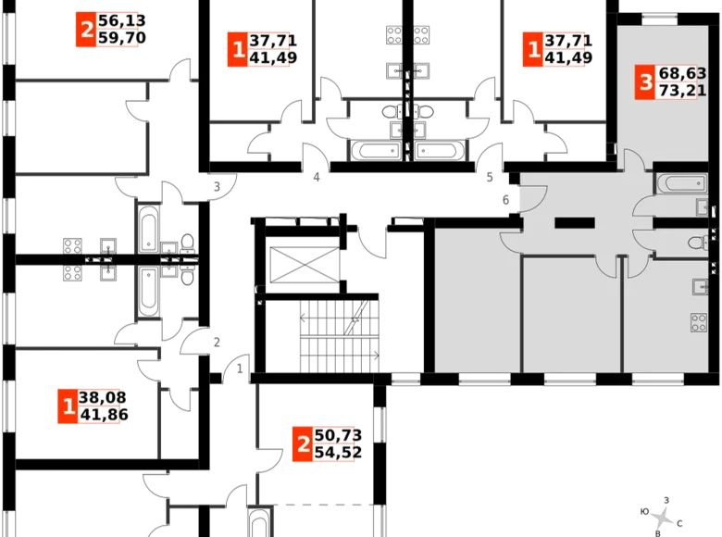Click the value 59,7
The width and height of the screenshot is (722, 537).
118,39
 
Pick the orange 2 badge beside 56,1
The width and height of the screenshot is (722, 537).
86,31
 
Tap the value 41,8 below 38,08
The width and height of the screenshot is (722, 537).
101,416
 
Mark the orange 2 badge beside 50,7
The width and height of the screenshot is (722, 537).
300,444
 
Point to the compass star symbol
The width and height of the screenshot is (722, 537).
660,515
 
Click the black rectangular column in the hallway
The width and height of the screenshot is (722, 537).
574,222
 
